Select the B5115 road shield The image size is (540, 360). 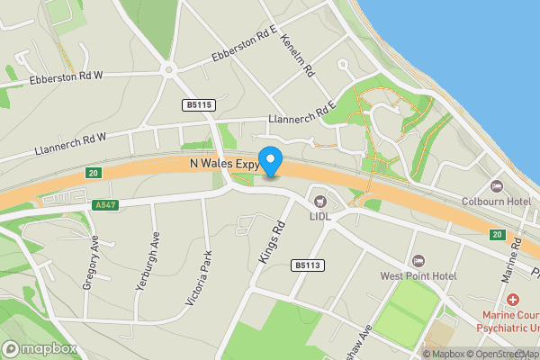coord(199,105)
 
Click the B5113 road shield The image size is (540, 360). coord(307,265)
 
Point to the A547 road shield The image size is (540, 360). coord(106,205)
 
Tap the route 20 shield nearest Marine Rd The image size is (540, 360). coord(497,235)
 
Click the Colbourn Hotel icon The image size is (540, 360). coord(496,186)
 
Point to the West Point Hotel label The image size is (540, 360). coord(418,275)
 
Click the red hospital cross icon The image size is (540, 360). coord(512,299)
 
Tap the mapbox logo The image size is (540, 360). coord(40,348)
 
